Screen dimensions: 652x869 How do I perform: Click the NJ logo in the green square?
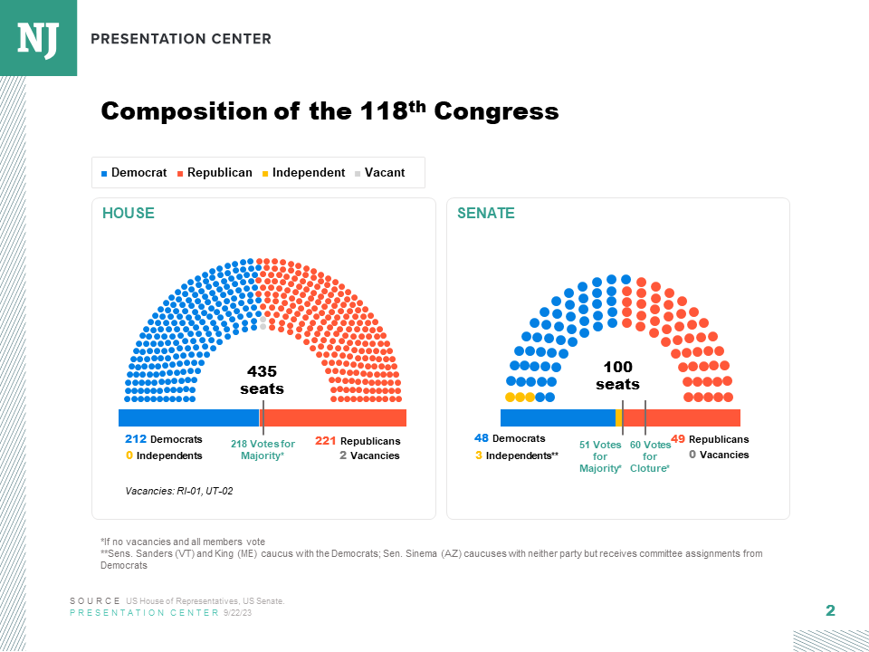[38, 37]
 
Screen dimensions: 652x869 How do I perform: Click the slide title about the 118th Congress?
[329, 111]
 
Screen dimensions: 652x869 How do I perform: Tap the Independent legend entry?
[304, 173]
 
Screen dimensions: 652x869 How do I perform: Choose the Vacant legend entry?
[380, 173]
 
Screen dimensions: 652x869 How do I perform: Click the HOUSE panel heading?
[129, 214]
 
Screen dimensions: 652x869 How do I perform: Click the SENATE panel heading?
[486, 214]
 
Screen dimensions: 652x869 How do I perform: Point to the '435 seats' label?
[262, 380]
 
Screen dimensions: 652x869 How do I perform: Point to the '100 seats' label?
[617, 375]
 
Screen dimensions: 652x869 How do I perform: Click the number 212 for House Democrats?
[136, 440]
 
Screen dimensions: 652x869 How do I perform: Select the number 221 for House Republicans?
[326, 441]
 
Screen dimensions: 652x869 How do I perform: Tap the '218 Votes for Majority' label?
[263, 450]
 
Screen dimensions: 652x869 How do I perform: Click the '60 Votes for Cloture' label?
[650, 456]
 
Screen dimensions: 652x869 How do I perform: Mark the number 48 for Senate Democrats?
[482, 438]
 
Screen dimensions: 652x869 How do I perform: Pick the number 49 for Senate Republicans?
[678, 439]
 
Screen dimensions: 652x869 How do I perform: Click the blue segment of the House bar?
[188, 417]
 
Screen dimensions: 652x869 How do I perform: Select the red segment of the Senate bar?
[681, 417]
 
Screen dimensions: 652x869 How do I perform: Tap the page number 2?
[830, 611]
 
